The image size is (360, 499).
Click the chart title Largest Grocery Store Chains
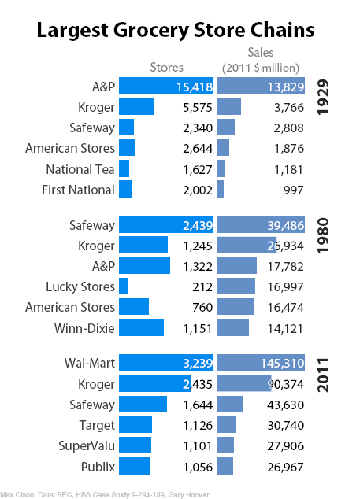176,31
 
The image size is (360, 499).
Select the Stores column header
166,68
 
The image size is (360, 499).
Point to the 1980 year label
322,234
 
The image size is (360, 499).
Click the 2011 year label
322,373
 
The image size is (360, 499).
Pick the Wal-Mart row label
89,364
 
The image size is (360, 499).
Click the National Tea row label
80,169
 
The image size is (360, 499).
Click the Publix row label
98,467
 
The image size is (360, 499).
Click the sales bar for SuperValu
225,445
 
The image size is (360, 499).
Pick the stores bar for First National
125,190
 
